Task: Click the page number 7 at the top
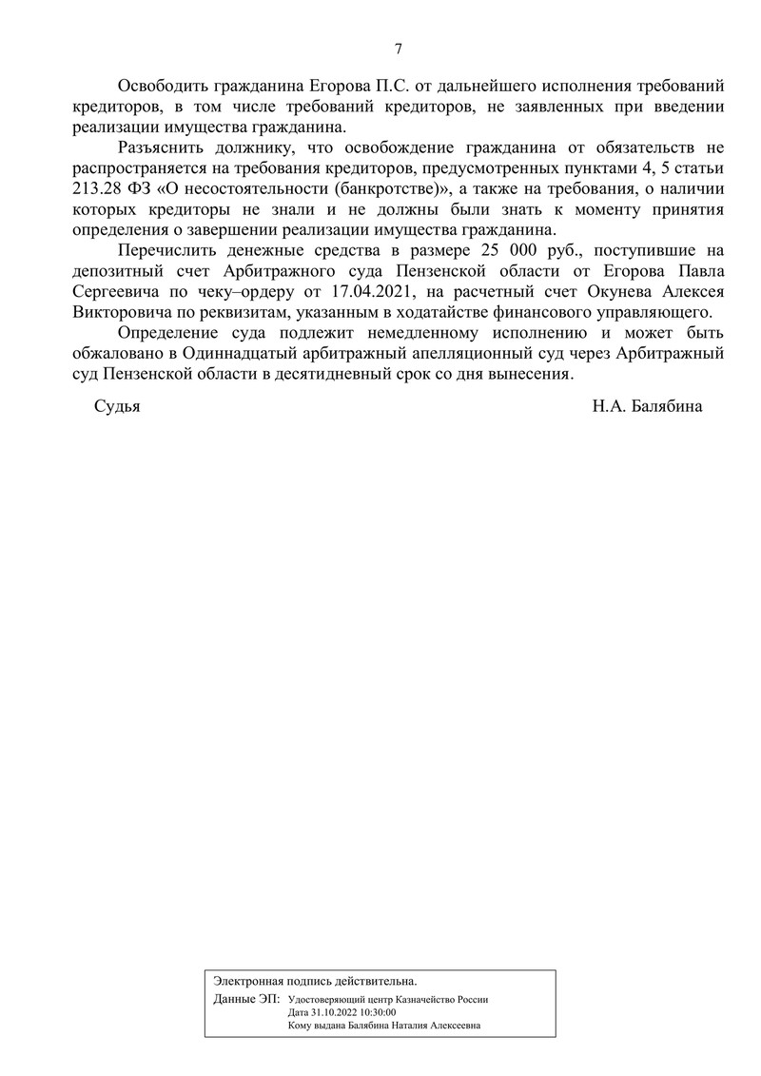click(399, 50)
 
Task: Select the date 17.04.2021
click(369, 291)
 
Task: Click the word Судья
click(117, 407)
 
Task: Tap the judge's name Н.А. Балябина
click(647, 407)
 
